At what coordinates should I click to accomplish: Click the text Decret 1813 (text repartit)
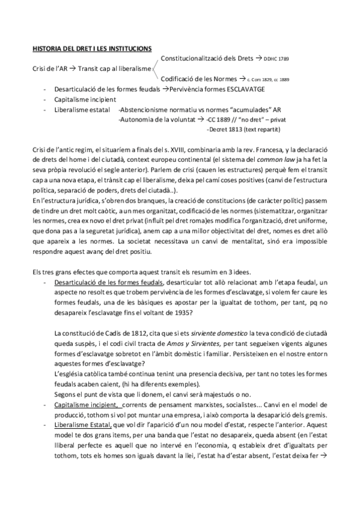242,129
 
